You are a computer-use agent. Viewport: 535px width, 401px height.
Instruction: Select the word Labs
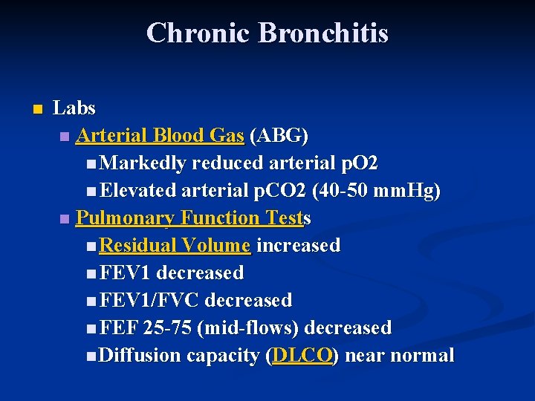pyautogui.click(x=74, y=108)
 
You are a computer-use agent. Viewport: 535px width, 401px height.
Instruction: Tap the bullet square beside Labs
pyautogui.click(x=38, y=108)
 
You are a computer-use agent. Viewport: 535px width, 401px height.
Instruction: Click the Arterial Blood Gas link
pyautogui.click(x=160, y=136)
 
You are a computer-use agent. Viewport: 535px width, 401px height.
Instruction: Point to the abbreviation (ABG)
pyautogui.click(x=279, y=136)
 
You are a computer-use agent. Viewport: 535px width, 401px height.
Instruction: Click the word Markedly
pyautogui.click(x=143, y=163)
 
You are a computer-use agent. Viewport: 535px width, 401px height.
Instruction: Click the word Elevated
pyautogui.click(x=139, y=191)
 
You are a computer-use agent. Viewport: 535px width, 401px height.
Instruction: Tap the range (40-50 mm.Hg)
pyautogui.click(x=377, y=191)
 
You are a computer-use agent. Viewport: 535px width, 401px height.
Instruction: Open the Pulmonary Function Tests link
pyautogui.click(x=193, y=218)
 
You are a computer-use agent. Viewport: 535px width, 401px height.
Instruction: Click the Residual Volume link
pyautogui.click(x=175, y=246)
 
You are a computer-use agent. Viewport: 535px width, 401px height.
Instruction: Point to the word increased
pyautogui.click(x=298, y=246)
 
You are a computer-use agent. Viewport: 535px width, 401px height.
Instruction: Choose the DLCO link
pyautogui.click(x=302, y=356)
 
